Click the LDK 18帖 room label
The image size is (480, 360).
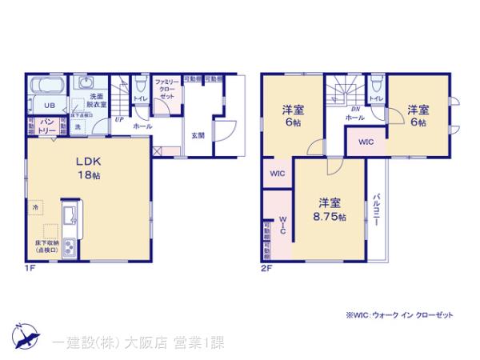[87, 166]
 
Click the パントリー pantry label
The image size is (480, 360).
[47, 126]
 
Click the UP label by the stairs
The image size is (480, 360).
[118, 119]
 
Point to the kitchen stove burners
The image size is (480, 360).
[69, 249]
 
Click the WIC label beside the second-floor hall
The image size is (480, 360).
[365, 142]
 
